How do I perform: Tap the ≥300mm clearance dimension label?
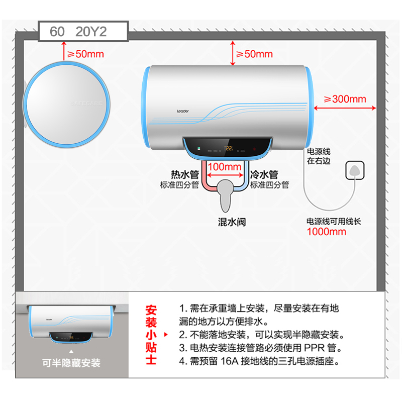(345, 99)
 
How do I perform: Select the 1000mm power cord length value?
(327, 232)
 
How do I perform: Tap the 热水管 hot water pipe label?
(185, 174)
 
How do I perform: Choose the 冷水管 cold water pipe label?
(264, 174)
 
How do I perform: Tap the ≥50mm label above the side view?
(88, 54)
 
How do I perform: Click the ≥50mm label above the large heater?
(254, 54)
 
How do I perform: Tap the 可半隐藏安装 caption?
(72, 363)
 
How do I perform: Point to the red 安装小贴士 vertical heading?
(151, 334)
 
